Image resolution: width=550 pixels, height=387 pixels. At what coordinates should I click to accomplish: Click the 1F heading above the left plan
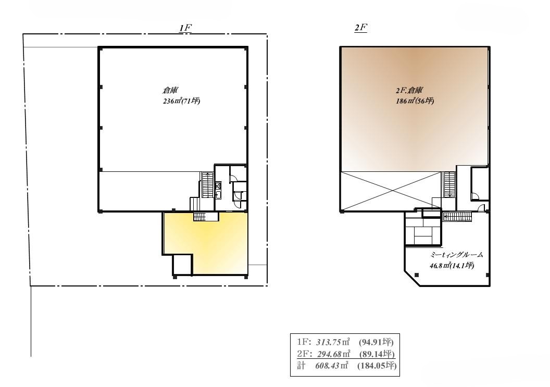pyautogui.click(x=185, y=28)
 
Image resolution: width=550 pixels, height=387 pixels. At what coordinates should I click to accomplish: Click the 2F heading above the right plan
pyautogui.click(x=360, y=28)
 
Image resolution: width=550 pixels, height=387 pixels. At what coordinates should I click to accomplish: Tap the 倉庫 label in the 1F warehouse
pyautogui.click(x=170, y=90)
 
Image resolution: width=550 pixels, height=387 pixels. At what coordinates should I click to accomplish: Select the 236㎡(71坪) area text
pyautogui.click(x=181, y=102)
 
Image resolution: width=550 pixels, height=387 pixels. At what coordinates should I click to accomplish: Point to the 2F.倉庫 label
pyautogui.click(x=409, y=90)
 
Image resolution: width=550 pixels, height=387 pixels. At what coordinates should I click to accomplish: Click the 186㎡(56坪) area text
pyautogui.click(x=415, y=101)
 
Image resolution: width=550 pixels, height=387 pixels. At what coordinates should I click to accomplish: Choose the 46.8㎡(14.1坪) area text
pyautogui.click(x=452, y=266)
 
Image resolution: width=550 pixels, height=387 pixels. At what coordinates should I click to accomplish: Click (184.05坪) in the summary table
pyautogui.click(x=377, y=366)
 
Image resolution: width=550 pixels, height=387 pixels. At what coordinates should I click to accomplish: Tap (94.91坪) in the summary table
pyautogui.click(x=376, y=342)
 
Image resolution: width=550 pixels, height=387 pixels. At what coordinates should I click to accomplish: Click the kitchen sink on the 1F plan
pyautogui.click(x=218, y=195)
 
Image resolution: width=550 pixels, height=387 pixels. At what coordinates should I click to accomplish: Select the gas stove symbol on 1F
pyautogui.click(x=218, y=185)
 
